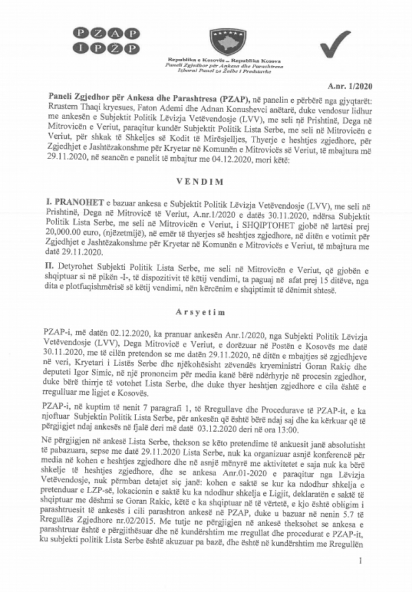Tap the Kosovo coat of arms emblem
coord(208,39)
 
